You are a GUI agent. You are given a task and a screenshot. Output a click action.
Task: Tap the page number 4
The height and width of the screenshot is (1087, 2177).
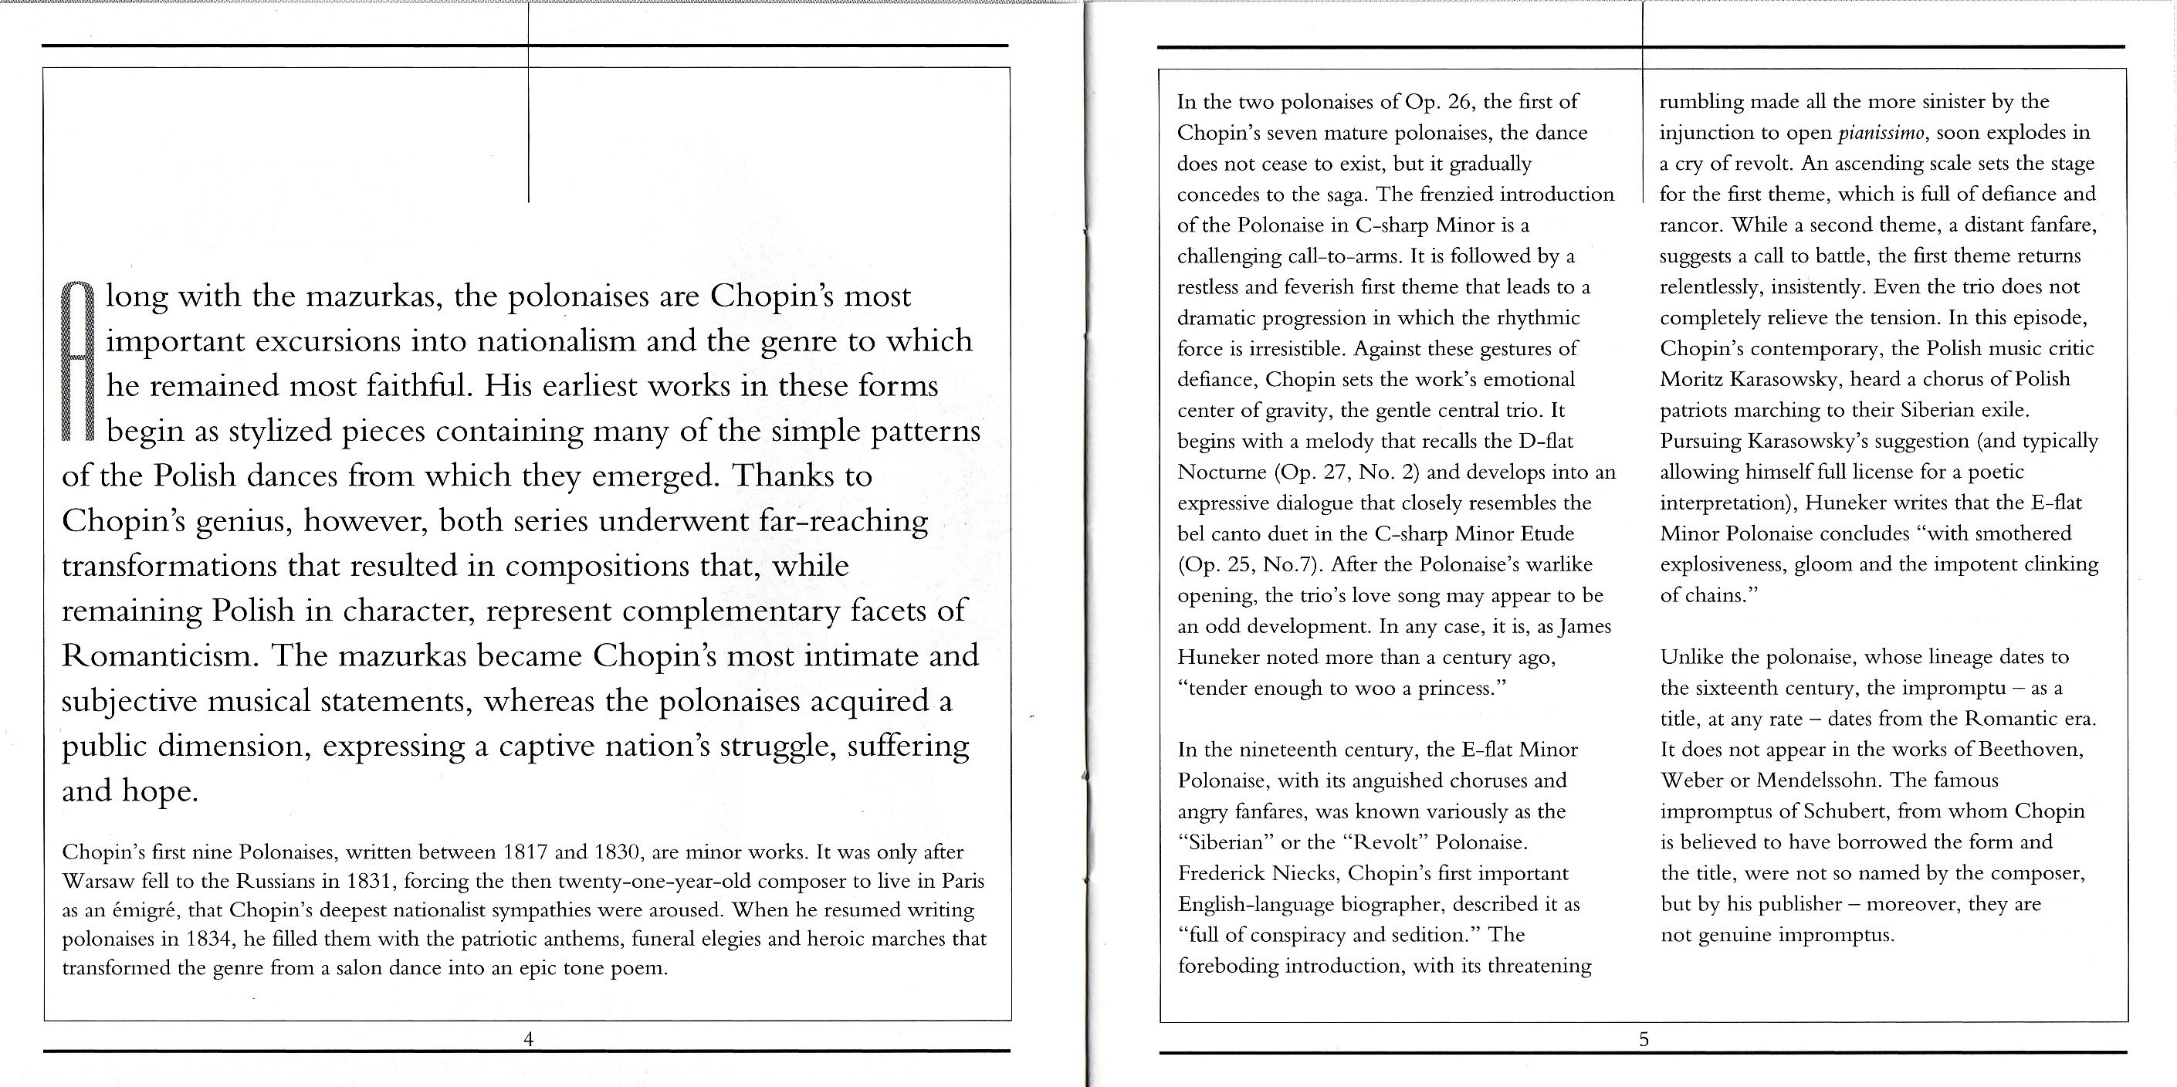tap(528, 1039)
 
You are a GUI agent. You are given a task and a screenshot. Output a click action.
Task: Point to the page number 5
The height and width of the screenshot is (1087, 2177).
tap(1643, 1040)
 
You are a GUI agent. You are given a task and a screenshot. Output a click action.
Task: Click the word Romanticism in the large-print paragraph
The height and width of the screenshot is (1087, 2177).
tap(154, 656)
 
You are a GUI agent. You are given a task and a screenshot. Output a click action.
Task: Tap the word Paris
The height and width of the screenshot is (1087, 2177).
tap(963, 882)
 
